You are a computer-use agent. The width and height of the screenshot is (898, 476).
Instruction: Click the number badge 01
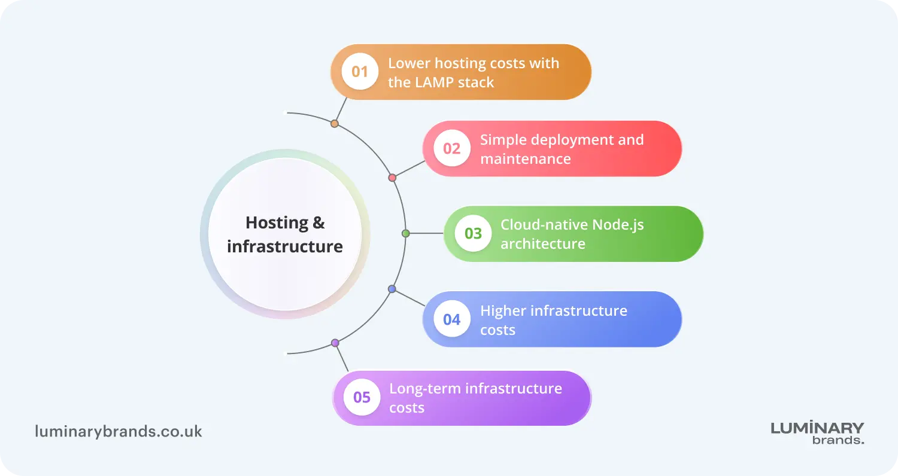click(x=360, y=72)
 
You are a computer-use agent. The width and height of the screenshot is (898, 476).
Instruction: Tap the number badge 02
click(x=452, y=148)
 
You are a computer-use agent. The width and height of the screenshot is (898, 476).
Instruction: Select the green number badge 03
click(x=473, y=233)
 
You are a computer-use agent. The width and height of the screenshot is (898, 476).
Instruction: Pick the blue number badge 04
click(x=452, y=319)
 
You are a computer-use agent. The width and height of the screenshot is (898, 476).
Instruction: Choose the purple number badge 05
click(x=362, y=397)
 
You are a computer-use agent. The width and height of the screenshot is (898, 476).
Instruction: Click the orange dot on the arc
click(x=334, y=124)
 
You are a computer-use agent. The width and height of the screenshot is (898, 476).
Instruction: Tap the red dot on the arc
click(x=393, y=178)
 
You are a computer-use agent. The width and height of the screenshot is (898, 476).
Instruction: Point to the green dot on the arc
click(x=406, y=233)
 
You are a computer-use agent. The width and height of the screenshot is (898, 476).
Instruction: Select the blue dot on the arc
click(x=392, y=289)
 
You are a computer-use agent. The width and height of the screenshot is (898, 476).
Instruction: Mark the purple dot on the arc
click(x=335, y=343)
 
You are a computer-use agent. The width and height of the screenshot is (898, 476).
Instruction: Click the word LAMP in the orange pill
click(x=434, y=83)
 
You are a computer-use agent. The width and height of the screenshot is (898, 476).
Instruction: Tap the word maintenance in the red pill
click(x=526, y=159)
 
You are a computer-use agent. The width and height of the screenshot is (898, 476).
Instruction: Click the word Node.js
click(x=618, y=225)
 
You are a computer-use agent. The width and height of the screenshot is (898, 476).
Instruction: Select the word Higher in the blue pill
click(x=503, y=312)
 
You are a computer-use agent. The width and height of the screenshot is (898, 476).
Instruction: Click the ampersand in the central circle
click(x=318, y=223)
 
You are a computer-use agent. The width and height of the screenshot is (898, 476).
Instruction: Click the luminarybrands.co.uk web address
click(x=119, y=432)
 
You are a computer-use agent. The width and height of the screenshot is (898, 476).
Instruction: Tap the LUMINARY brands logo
click(x=817, y=433)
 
